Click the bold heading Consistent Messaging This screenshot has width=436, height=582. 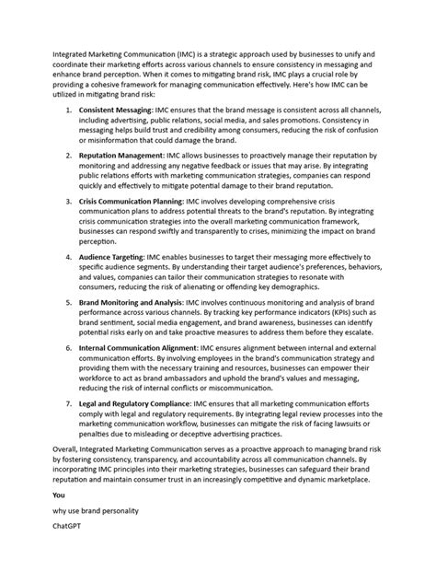tap(115, 109)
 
